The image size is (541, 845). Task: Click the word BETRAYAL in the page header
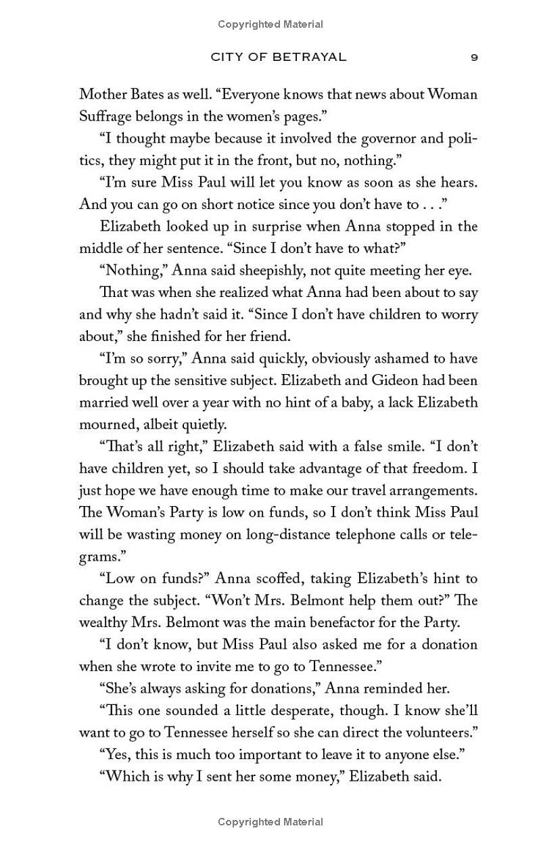309,57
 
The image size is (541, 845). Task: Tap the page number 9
474,57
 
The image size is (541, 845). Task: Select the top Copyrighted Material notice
270,24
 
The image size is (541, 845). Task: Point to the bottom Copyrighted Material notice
270,822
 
